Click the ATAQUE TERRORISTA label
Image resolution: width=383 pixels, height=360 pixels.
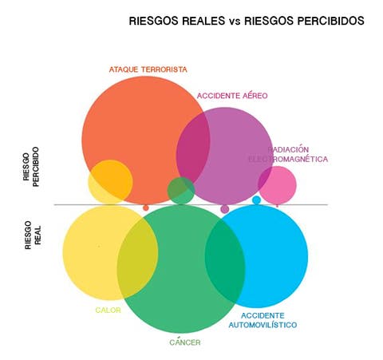tap(148, 69)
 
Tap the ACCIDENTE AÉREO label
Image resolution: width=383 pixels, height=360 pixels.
tap(232, 96)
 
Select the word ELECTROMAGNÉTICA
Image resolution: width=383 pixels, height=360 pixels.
tap(288, 159)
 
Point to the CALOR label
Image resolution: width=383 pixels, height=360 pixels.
tap(108, 311)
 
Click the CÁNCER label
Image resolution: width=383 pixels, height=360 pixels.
tap(185, 342)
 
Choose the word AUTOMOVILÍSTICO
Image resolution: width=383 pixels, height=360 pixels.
tap(263, 325)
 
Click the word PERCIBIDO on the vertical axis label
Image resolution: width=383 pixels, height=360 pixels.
tap(36, 167)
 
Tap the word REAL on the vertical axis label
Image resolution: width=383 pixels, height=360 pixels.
tap(38, 235)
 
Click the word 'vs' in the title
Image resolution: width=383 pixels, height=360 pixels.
tap(235, 22)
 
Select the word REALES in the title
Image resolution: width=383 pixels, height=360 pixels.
tap(203, 21)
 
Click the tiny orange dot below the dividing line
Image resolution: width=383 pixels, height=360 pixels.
tap(146, 208)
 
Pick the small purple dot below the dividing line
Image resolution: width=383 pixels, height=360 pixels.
tap(225, 209)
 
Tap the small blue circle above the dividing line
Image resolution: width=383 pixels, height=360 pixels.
tap(256, 200)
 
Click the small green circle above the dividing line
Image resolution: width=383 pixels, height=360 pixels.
tap(181, 191)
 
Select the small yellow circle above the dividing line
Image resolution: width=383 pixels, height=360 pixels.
tap(110, 182)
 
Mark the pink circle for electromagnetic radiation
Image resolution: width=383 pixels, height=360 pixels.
tap(278, 185)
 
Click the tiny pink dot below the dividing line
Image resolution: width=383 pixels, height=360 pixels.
tap(278, 206)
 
